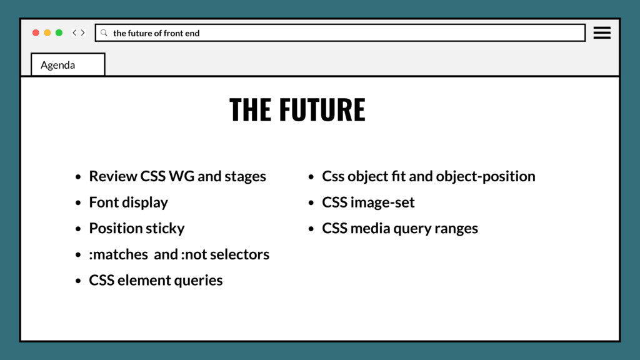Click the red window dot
[x=36, y=32]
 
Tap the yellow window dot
[x=47, y=32]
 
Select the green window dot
[x=59, y=32]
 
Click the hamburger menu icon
[x=602, y=32]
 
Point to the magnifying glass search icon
[x=104, y=32]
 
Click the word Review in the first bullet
[x=113, y=176]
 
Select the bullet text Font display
[x=128, y=202]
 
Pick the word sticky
[x=165, y=228]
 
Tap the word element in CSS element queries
[x=142, y=280]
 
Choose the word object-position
[x=486, y=176]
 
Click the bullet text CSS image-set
[x=368, y=202]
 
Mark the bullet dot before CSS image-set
[x=311, y=203]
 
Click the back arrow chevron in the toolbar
[x=74, y=32]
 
